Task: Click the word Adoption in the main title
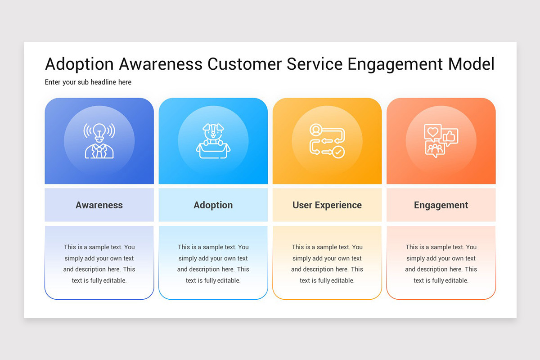pos(79,64)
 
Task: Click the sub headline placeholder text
pos(88,82)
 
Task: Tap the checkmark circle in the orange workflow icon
pos(338,152)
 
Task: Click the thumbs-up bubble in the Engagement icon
pos(450,136)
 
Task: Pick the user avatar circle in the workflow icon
pos(316,130)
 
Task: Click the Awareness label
pos(99,205)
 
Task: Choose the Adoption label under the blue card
pos(213,205)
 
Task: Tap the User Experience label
pos(327,205)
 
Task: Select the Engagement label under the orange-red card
pos(441,205)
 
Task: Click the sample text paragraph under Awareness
pos(99,264)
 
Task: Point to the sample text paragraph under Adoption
pos(213,264)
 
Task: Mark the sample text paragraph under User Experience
pos(327,264)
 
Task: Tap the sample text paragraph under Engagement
pos(441,264)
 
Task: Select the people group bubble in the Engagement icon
pos(435,148)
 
